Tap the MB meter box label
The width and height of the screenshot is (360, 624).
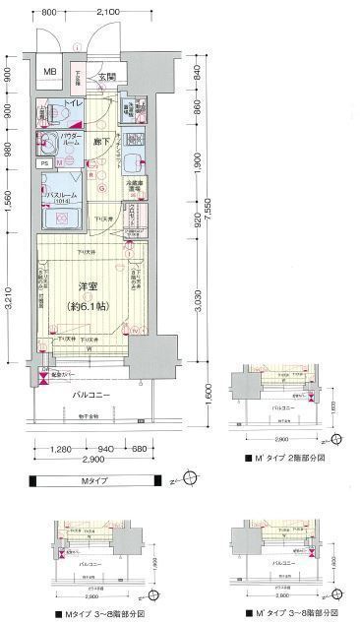click(49, 72)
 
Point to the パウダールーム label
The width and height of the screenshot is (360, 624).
click(74, 139)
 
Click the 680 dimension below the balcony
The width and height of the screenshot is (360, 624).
click(141, 451)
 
